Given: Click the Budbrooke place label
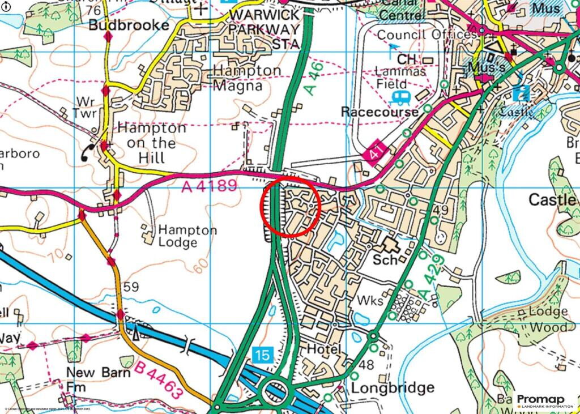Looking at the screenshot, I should coord(129,25).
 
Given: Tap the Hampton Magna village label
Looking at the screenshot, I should coord(246,78).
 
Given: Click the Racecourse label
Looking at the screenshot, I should coord(379,112).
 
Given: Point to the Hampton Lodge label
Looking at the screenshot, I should coord(187,236).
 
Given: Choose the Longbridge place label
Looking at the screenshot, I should coord(393,388).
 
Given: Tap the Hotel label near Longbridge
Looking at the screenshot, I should coord(323,349).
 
